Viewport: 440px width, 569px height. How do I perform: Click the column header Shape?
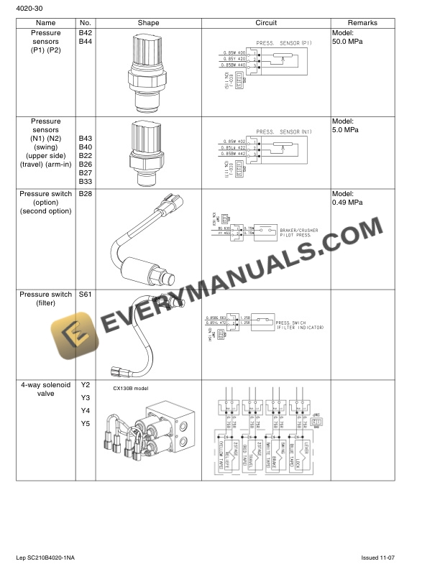pos(148,23)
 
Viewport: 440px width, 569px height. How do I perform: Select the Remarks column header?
pos(362,23)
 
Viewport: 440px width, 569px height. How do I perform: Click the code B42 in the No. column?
pos(85,33)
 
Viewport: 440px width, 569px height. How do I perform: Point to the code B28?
pos(85,194)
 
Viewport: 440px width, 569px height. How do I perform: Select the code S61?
pos(85,295)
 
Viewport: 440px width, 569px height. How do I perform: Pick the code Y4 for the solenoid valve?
pos(85,410)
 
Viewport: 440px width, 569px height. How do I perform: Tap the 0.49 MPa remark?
pos(347,203)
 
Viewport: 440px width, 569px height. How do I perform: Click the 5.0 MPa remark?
pos(345,130)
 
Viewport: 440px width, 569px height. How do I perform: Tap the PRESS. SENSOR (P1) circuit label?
pos(283,43)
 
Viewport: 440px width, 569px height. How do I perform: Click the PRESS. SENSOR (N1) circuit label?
pos(283,131)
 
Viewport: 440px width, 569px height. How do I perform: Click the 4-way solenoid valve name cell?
pos(45,389)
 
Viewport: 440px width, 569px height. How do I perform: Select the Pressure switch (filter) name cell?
pos(45,299)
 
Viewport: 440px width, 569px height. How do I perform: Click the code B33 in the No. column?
pos(85,182)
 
